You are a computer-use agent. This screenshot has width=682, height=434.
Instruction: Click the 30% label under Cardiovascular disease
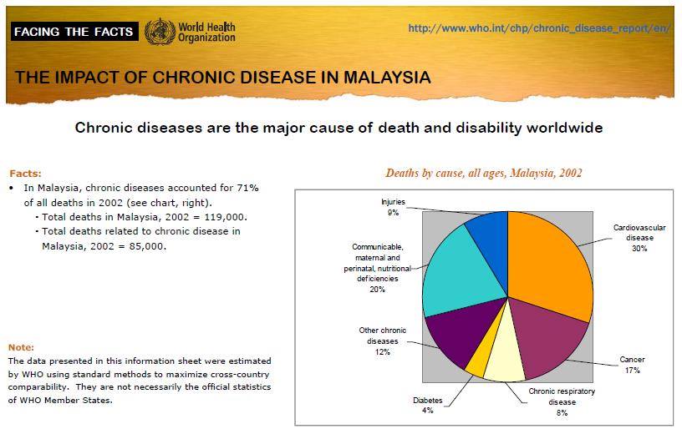click(639, 249)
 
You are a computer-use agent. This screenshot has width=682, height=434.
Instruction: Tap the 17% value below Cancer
click(633, 370)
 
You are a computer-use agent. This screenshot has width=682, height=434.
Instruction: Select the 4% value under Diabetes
click(428, 410)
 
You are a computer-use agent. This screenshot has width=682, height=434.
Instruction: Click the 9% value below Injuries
click(393, 213)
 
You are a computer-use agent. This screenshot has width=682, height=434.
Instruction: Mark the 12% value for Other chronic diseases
click(383, 352)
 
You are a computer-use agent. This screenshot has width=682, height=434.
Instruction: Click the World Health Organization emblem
click(160, 31)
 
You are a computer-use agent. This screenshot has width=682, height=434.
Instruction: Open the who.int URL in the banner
click(539, 28)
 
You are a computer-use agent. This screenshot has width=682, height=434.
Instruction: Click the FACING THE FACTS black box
click(74, 31)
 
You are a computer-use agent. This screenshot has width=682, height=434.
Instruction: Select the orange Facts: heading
click(26, 174)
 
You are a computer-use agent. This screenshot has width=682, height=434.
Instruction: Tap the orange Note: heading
click(21, 347)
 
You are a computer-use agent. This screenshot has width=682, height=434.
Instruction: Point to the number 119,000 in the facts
click(226, 217)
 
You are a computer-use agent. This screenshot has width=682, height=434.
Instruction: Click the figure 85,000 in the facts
click(147, 246)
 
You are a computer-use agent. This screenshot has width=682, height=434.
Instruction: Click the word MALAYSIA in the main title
click(387, 78)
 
